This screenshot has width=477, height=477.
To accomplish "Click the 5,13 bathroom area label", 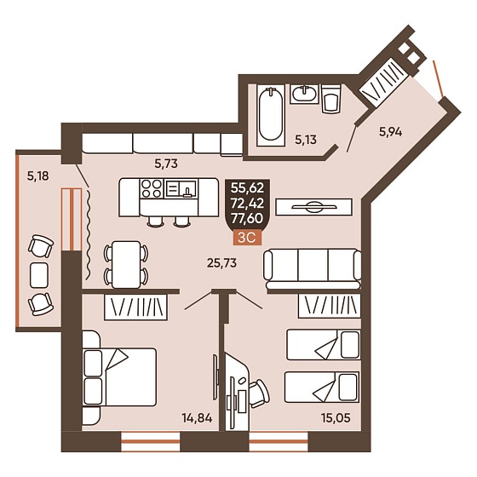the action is point(306,140).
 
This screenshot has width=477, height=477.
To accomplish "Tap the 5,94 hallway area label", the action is point(390,132).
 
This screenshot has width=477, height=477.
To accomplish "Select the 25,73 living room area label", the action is point(221,263).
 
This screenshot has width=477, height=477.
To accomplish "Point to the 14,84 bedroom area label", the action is point(197,418).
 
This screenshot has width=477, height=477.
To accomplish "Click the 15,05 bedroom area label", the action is point(336,418).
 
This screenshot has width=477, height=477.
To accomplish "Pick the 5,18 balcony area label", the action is point(38,175).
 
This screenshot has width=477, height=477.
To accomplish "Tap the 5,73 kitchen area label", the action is point(166,164).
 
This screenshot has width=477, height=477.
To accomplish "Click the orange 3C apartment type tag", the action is point(247,238).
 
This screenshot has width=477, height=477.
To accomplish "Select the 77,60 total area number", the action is point(247,218).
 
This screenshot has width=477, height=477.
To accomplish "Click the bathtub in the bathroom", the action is point(271,115).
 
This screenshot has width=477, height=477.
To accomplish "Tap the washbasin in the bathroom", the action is point(303,94).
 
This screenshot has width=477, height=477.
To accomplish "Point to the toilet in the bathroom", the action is point(330,99).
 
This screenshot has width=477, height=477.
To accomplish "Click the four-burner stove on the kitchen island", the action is point(152,188).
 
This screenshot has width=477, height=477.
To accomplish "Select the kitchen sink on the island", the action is point(181,188).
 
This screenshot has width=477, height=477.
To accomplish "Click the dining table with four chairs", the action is point(126,264).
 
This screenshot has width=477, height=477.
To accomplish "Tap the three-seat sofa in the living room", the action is point(313,269).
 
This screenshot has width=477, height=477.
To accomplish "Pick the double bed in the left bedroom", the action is point(119,376).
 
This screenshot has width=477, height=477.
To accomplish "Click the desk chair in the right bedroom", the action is point(260,393).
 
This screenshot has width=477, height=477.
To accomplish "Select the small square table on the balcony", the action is point(39,275).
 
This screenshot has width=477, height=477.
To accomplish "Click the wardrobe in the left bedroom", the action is point(135,307).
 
